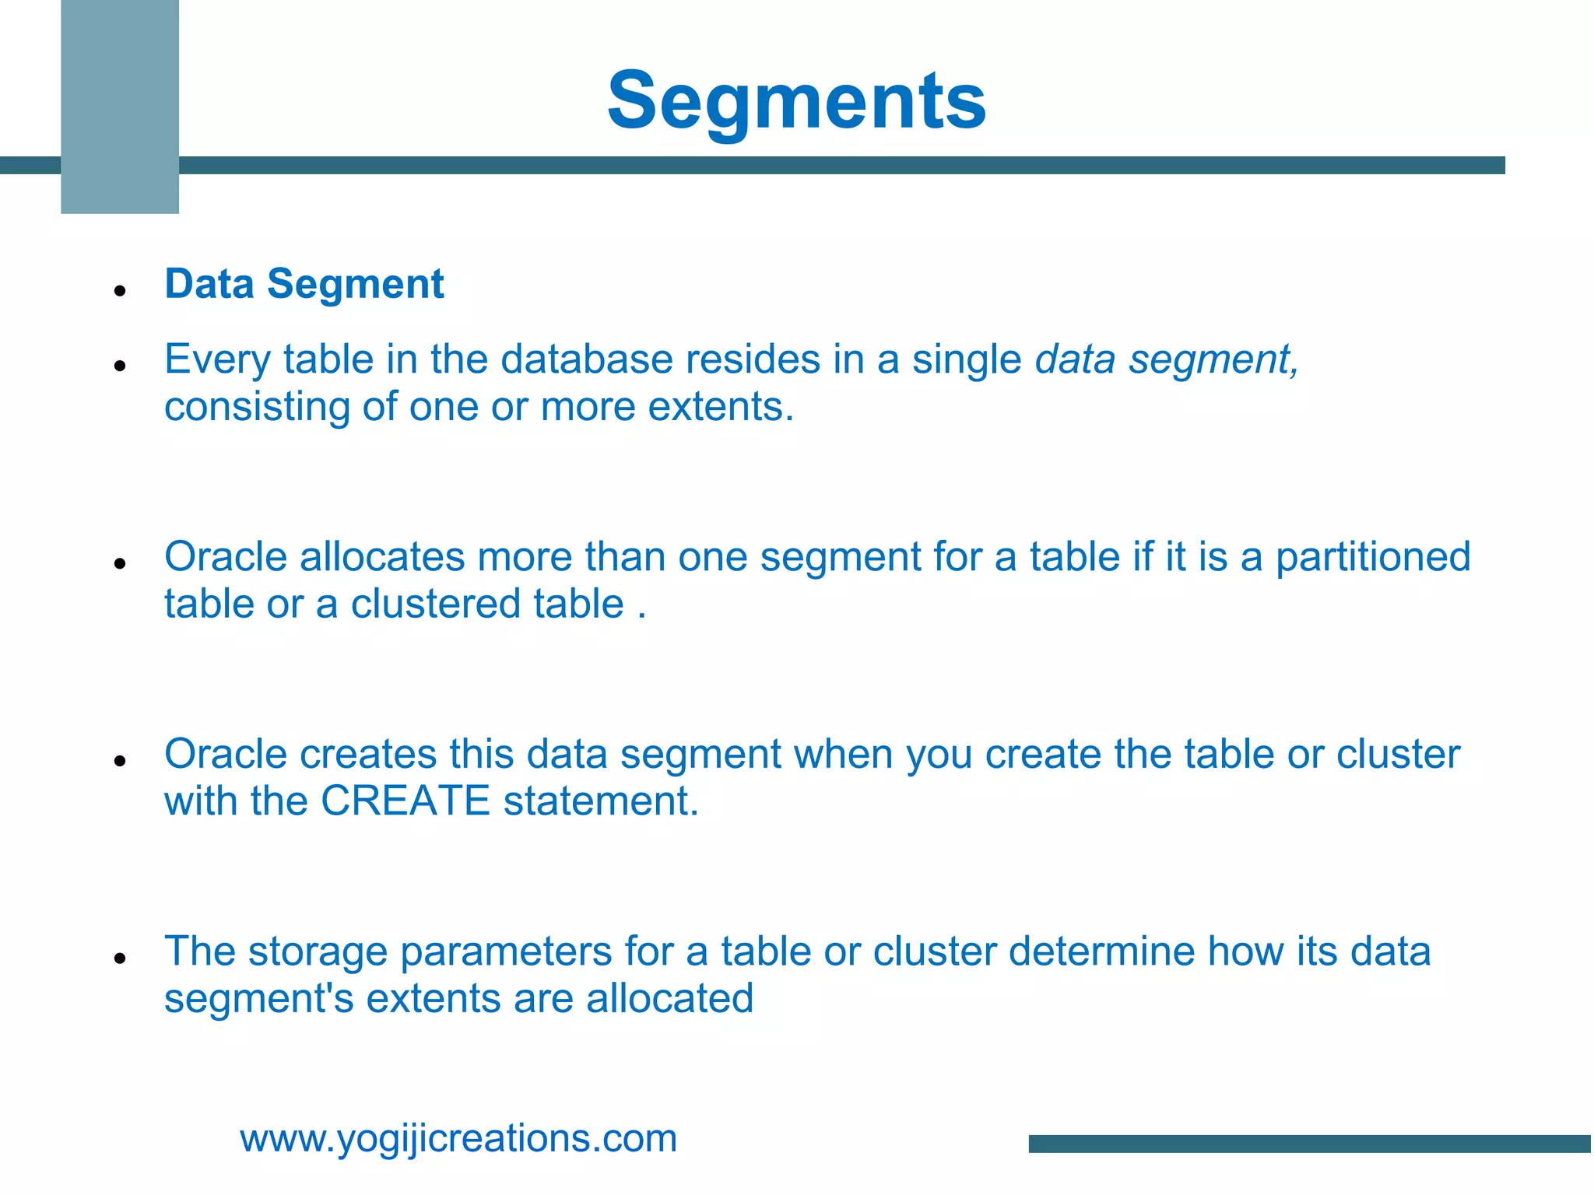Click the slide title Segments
click(796, 101)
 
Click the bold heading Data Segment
click(304, 284)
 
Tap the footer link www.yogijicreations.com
click(458, 1138)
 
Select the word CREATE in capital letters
click(405, 801)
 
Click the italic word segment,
click(1213, 361)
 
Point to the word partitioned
click(1373, 557)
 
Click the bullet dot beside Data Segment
click(120, 292)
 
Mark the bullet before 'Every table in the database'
click(120, 365)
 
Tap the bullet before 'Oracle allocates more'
click(120, 562)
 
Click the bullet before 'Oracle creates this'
click(120, 760)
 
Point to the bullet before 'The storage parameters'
click(120, 958)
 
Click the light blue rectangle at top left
click(120, 107)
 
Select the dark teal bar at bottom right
click(1310, 1144)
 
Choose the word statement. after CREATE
click(601, 801)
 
